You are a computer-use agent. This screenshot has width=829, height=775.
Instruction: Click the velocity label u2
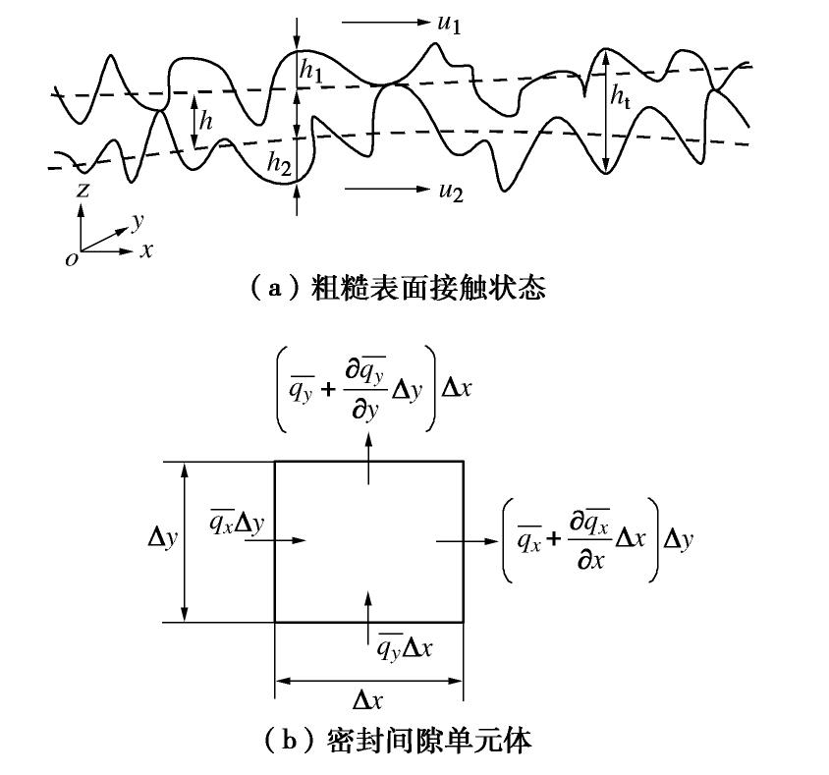click(x=451, y=191)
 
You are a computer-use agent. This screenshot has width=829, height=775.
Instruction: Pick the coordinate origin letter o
click(x=71, y=259)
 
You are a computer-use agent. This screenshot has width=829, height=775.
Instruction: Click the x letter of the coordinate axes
click(x=146, y=250)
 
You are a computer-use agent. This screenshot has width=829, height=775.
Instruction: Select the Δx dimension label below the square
click(x=367, y=699)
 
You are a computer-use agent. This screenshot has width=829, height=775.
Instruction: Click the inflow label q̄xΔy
click(x=236, y=524)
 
